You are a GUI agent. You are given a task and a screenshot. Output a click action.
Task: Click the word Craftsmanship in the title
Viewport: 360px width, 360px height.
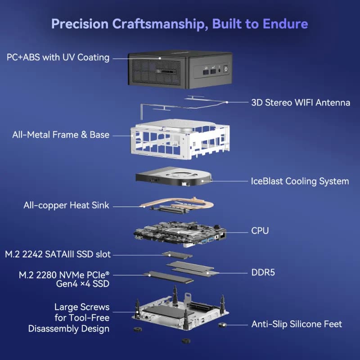158,24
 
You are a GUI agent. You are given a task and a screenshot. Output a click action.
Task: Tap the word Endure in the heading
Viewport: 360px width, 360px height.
285,24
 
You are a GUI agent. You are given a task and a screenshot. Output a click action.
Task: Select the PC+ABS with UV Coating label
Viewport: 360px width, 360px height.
58,58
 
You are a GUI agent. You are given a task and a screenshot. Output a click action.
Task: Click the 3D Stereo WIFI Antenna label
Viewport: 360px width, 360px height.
301,103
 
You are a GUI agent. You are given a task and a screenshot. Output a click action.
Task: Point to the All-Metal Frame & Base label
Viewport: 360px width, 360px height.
61,135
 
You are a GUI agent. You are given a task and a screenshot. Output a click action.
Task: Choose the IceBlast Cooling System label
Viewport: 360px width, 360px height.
300,181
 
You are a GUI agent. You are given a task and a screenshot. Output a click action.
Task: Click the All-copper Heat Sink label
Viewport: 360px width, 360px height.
66,205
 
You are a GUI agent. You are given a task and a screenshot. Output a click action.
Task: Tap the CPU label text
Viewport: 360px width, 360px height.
260,231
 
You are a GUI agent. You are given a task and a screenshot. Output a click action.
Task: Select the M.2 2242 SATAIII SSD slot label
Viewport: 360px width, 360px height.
58,254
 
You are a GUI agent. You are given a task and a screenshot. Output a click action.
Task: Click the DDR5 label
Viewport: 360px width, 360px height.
263,273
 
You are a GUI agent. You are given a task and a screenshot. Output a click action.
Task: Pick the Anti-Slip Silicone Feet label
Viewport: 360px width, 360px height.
297,324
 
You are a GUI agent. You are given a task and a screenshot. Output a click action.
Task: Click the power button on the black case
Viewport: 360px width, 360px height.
226,69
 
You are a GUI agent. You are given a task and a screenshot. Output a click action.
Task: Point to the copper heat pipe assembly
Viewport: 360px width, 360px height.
177,205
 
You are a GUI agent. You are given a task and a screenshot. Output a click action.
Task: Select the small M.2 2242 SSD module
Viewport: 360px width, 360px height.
177,254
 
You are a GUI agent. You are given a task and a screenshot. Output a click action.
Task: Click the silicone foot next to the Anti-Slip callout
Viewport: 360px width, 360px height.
222,325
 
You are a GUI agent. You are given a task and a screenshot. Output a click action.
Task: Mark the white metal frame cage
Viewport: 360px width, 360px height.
180,139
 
